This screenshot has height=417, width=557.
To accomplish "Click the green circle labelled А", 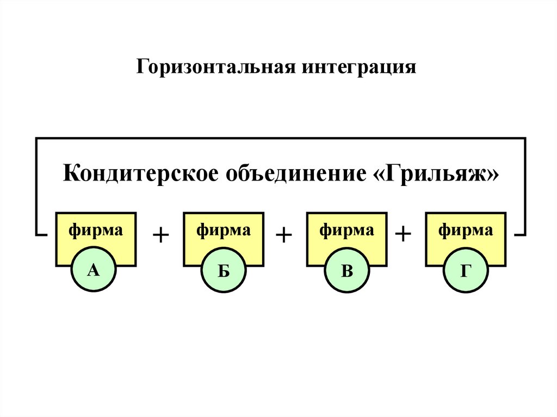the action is point(94,270).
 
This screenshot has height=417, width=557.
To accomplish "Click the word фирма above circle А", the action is point(96,230).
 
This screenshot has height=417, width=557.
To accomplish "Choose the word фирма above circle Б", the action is point(224,230).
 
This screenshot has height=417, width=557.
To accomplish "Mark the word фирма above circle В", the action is point(346,230).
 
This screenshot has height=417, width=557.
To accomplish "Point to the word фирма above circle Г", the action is point(466,230).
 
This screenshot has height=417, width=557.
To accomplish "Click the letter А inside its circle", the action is point(94,270).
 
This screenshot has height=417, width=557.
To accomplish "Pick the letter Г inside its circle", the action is point(466,270).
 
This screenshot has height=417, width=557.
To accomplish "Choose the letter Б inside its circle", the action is point(224,270).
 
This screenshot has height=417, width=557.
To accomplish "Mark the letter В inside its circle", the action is point(346,270).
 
